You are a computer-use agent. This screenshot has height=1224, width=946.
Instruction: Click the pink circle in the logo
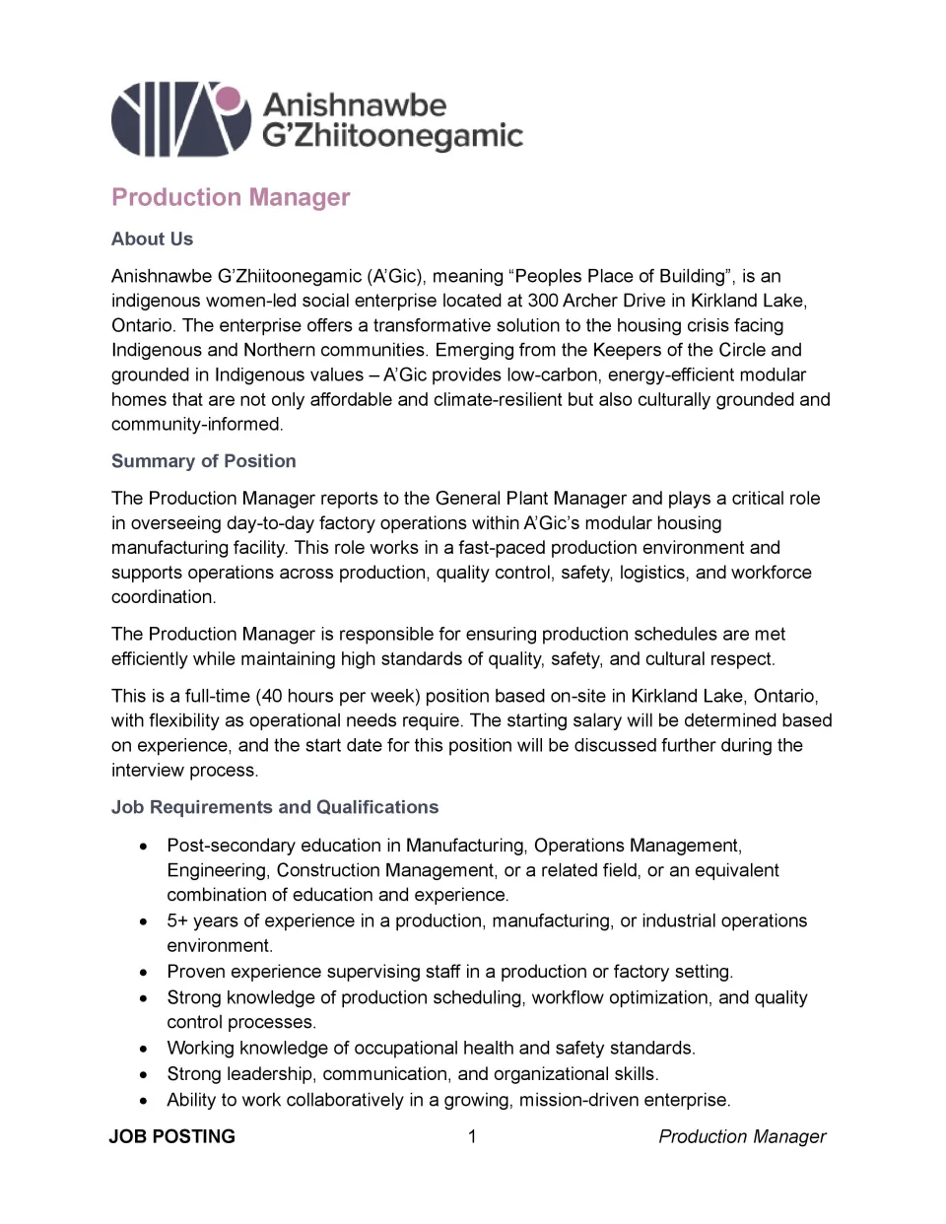[x=229, y=99]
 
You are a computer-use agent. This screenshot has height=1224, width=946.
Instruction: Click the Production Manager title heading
[x=231, y=197]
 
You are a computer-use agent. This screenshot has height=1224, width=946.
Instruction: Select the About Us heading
[x=152, y=238]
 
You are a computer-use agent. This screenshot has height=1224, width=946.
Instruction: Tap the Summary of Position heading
[x=203, y=461]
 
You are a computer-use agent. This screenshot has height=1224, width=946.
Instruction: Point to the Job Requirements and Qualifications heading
[x=275, y=807]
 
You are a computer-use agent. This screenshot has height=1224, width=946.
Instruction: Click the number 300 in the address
[x=543, y=301]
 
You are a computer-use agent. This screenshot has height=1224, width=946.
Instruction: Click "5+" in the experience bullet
[x=177, y=920]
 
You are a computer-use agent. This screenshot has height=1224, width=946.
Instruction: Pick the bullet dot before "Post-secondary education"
[x=145, y=846]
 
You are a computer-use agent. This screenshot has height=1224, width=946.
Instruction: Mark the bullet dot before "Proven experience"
[x=145, y=972]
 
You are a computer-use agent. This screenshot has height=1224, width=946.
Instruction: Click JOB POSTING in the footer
[x=172, y=1136]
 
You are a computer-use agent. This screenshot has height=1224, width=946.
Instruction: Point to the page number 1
[x=472, y=1136]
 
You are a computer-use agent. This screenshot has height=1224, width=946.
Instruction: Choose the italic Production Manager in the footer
[x=742, y=1136]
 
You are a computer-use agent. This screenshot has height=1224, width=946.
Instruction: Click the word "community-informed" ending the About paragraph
[x=197, y=424]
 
